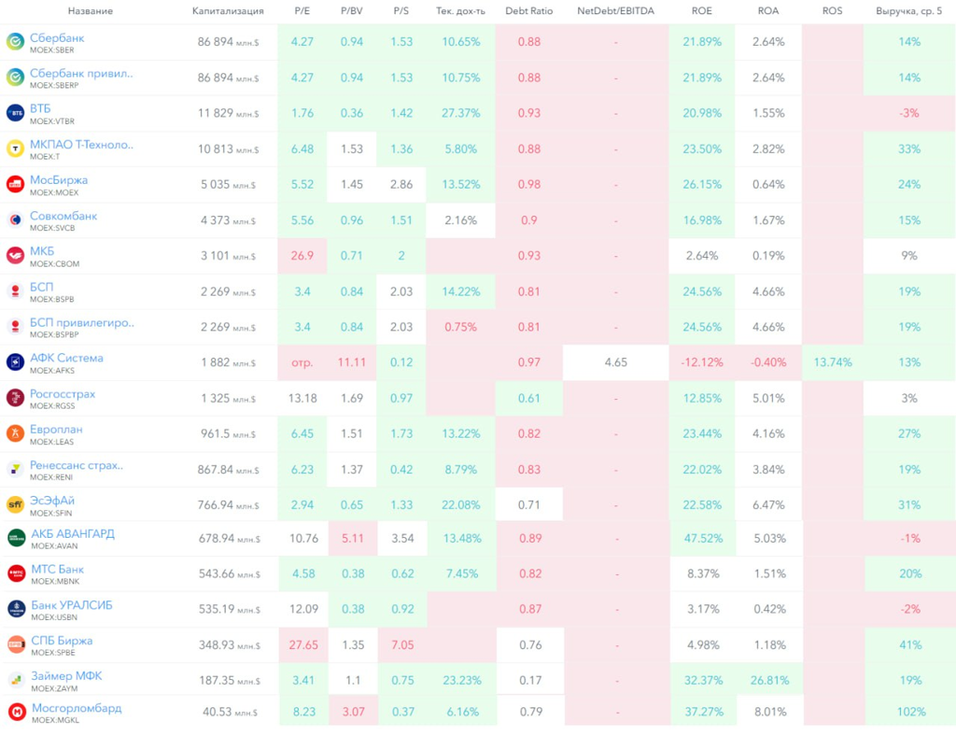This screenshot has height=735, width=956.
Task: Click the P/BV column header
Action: (352, 11)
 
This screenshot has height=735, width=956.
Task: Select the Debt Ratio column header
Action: (528, 11)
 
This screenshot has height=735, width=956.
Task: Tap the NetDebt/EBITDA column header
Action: (615, 11)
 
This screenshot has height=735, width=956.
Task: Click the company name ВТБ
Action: (41, 108)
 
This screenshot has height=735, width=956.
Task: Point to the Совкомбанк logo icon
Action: (15, 220)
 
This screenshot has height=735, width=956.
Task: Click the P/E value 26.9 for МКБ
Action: (302, 256)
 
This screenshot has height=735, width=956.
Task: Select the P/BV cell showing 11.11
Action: (352, 362)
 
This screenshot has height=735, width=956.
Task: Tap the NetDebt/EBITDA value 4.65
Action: (615, 362)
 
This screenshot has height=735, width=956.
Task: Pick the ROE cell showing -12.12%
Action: (702, 362)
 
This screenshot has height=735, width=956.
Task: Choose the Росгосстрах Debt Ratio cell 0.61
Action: (528, 398)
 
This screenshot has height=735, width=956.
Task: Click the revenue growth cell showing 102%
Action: (909, 713)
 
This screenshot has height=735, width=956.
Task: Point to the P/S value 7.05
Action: (401, 644)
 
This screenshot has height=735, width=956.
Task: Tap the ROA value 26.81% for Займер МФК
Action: (767, 680)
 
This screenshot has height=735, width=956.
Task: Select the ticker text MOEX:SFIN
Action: (52, 513)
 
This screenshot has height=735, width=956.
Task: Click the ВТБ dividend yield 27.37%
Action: (460, 113)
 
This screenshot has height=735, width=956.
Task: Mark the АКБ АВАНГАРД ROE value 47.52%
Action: (702, 539)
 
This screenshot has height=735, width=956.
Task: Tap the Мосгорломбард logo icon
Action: (15, 712)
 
